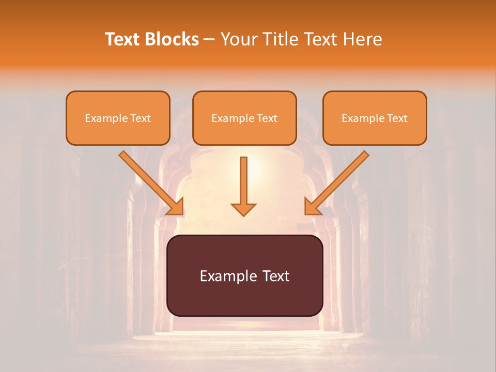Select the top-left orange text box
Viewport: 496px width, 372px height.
click(118, 118)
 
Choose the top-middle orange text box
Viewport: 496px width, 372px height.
click(244, 118)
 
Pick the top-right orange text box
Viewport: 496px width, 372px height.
click(375, 118)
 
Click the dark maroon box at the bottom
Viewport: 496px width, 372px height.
click(244, 275)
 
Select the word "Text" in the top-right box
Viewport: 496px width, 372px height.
click(397, 118)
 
